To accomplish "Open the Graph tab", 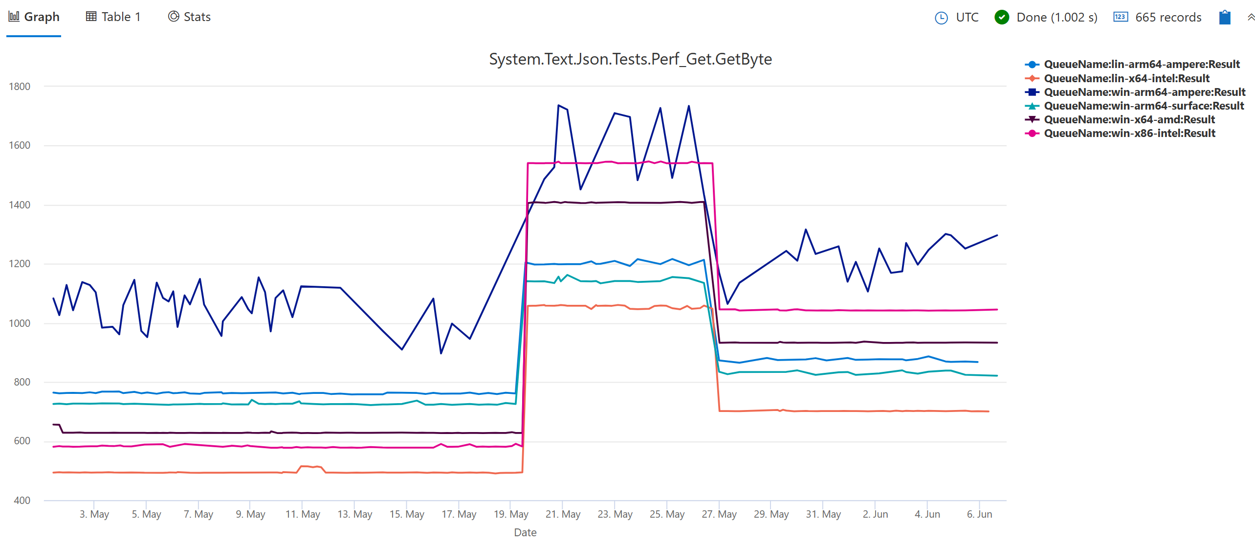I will pyautogui.click(x=34, y=17).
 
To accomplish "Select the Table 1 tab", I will pyautogui.click(x=113, y=17).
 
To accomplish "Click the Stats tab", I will pyautogui.click(x=189, y=17).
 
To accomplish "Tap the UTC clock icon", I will pyautogui.click(x=941, y=18).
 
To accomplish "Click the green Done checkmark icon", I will pyautogui.click(x=1001, y=18).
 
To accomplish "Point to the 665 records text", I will pyautogui.click(x=1167, y=18).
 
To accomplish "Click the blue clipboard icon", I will pyautogui.click(x=1224, y=18).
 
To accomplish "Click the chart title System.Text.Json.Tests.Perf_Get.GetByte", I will pyautogui.click(x=630, y=59).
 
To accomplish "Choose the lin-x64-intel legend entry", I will pyautogui.click(x=1126, y=78).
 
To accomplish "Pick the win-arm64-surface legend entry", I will pyautogui.click(x=1143, y=106).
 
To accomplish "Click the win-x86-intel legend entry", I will pyautogui.click(x=1129, y=133).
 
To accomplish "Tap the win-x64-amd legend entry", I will pyautogui.click(x=1129, y=119).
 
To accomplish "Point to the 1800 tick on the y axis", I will pyautogui.click(x=20, y=87).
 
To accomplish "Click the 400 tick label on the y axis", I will pyautogui.click(x=22, y=500).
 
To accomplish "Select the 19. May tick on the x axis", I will pyautogui.click(x=511, y=514).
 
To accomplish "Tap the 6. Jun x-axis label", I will pyautogui.click(x=979, y=514).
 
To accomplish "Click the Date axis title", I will pyautogui.click(x=525, y=532).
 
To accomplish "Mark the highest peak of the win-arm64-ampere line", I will pyautogui.click(x=558, y=105).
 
